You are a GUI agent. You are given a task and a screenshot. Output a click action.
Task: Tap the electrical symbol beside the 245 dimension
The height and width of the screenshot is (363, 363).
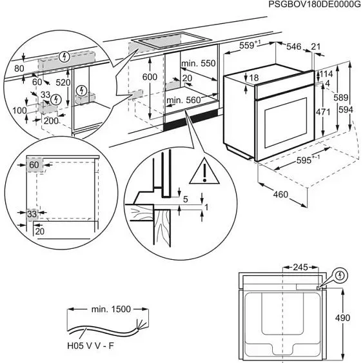tap(342, 275)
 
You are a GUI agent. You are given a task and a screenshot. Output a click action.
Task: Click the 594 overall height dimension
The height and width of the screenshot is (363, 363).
tap(346, 110)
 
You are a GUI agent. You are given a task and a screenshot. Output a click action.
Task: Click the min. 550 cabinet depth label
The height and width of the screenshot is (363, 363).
tap(197, 64)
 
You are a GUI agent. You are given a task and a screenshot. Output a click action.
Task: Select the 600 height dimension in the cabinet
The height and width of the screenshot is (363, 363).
tap(150, 77)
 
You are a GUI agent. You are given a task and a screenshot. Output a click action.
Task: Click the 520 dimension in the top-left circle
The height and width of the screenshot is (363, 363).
tap(63, 83)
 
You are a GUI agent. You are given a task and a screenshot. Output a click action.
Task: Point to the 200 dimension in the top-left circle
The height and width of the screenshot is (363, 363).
tap(51, 121)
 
